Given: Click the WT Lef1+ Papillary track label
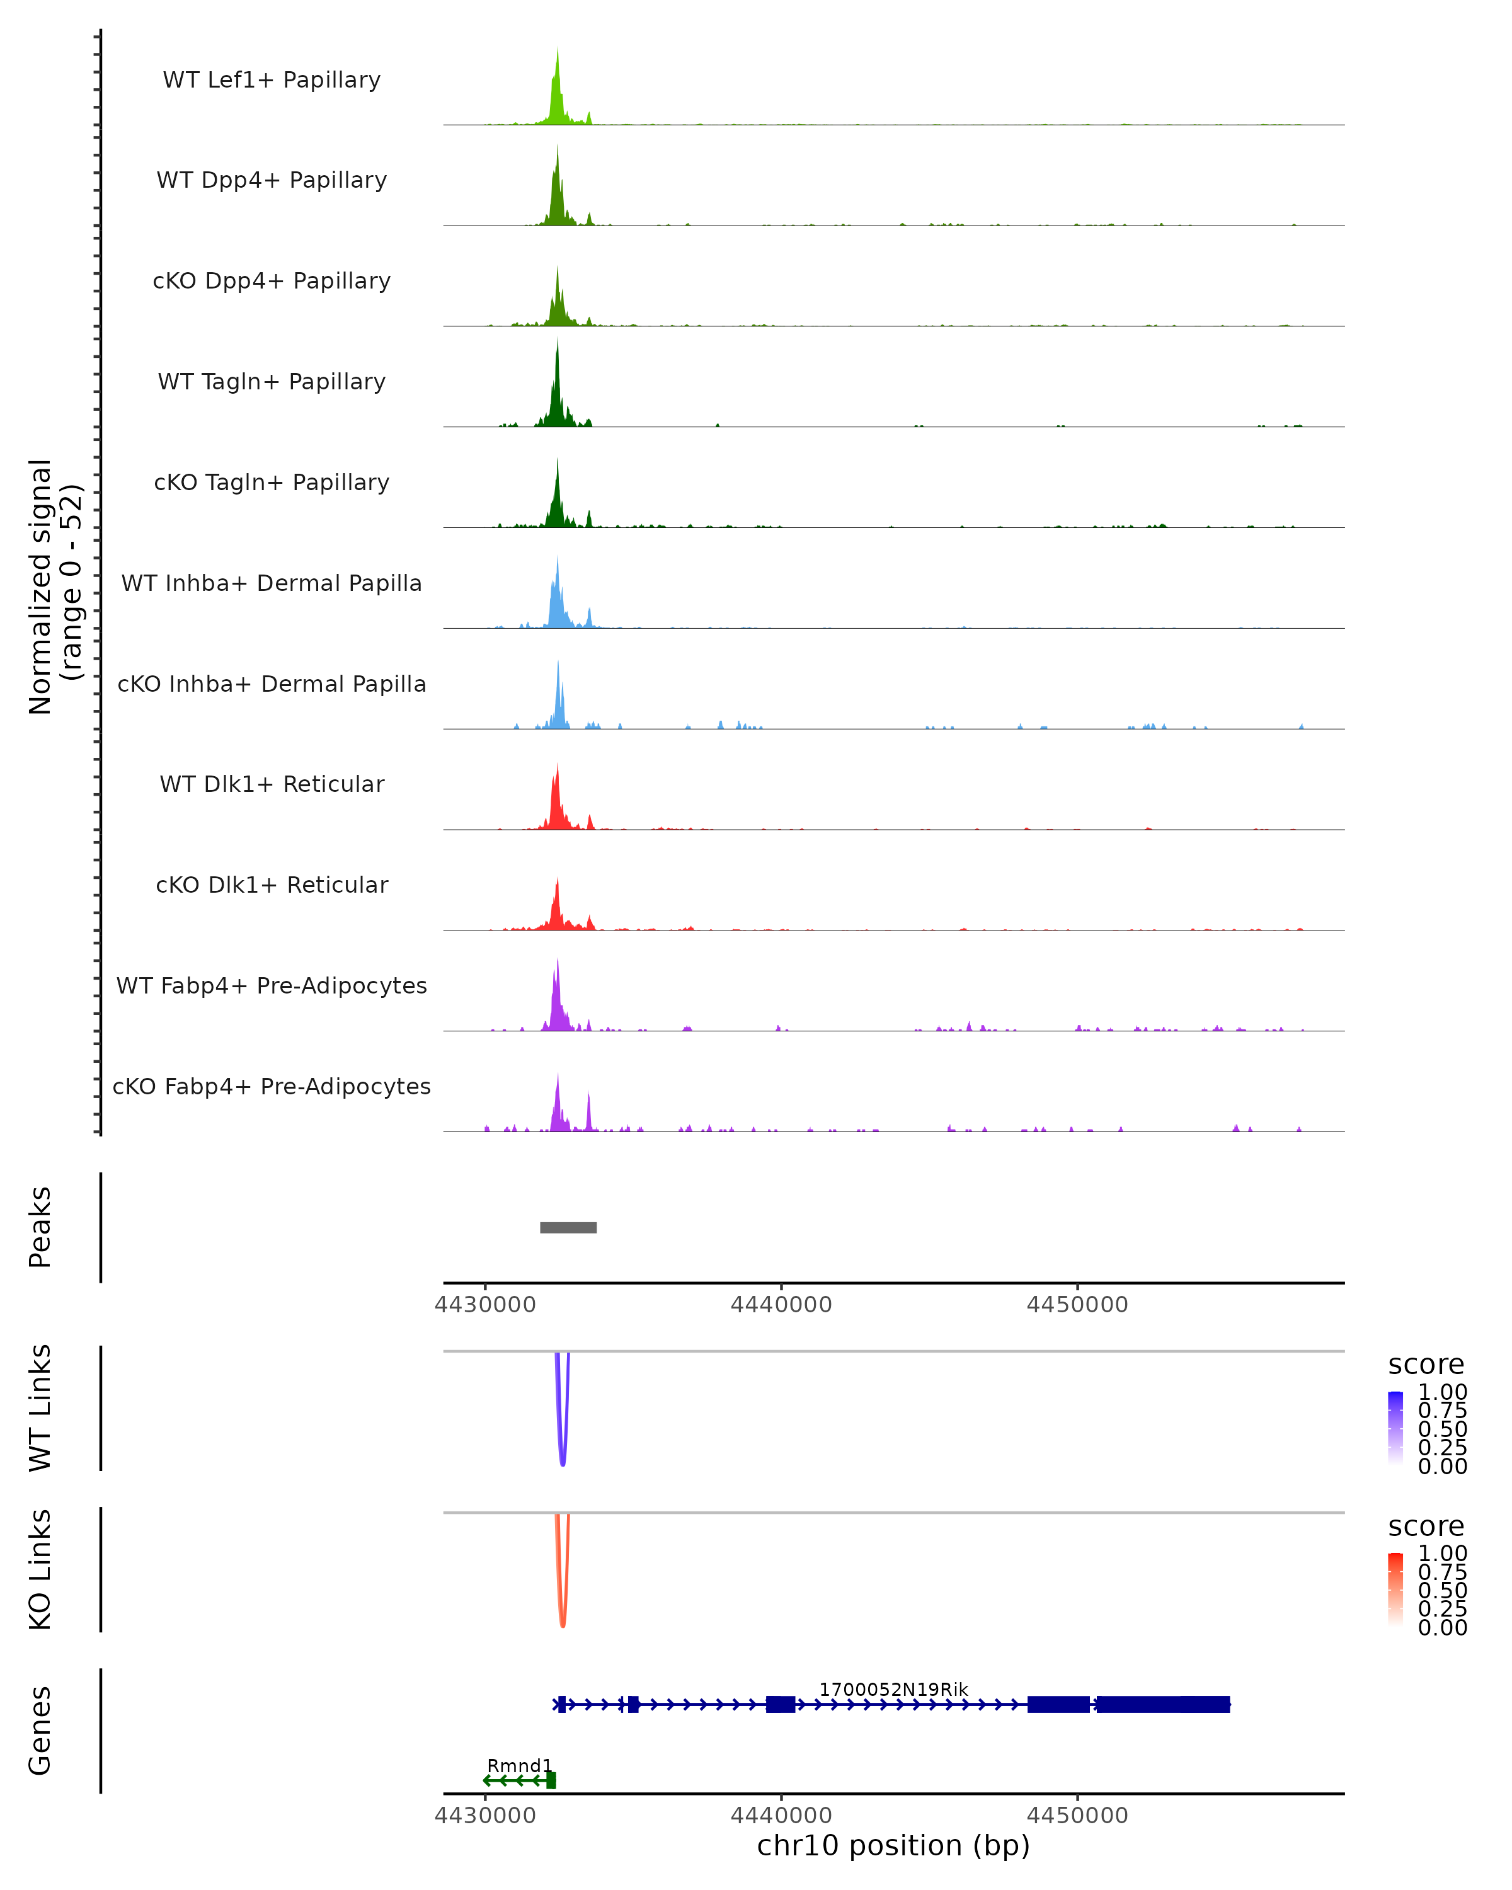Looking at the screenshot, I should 272,80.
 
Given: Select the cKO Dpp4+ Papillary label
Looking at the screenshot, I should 272,280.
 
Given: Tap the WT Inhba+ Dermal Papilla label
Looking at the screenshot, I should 272,583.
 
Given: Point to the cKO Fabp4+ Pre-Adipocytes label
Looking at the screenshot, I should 272,1086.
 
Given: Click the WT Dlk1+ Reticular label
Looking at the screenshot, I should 272,784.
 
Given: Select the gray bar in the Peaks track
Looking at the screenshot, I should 568,1227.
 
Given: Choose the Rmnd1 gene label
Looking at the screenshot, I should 519,1765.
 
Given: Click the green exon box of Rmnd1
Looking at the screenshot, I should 551,1780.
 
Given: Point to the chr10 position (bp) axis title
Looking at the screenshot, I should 893,1846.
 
